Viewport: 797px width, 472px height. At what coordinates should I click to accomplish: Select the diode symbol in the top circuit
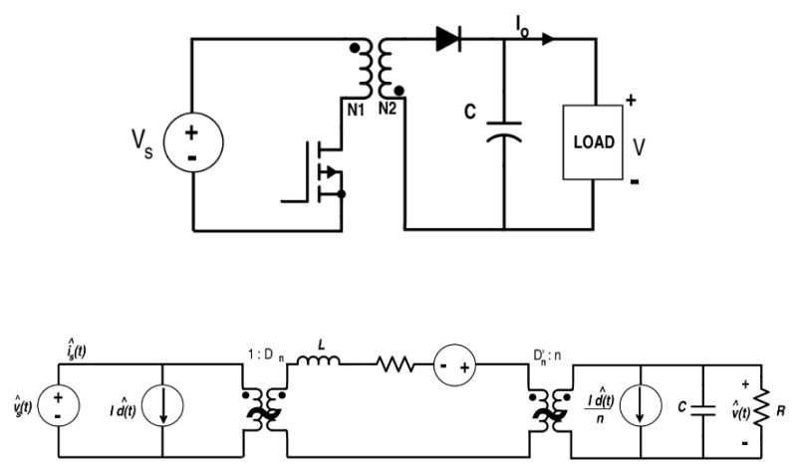pyautogui.click(x=447, y=40)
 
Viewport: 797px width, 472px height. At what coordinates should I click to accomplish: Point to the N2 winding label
pyautogui.click(x=389, y=107)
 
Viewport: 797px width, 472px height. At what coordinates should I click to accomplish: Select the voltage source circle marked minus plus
pyautogui.click(x=453, y=367)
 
